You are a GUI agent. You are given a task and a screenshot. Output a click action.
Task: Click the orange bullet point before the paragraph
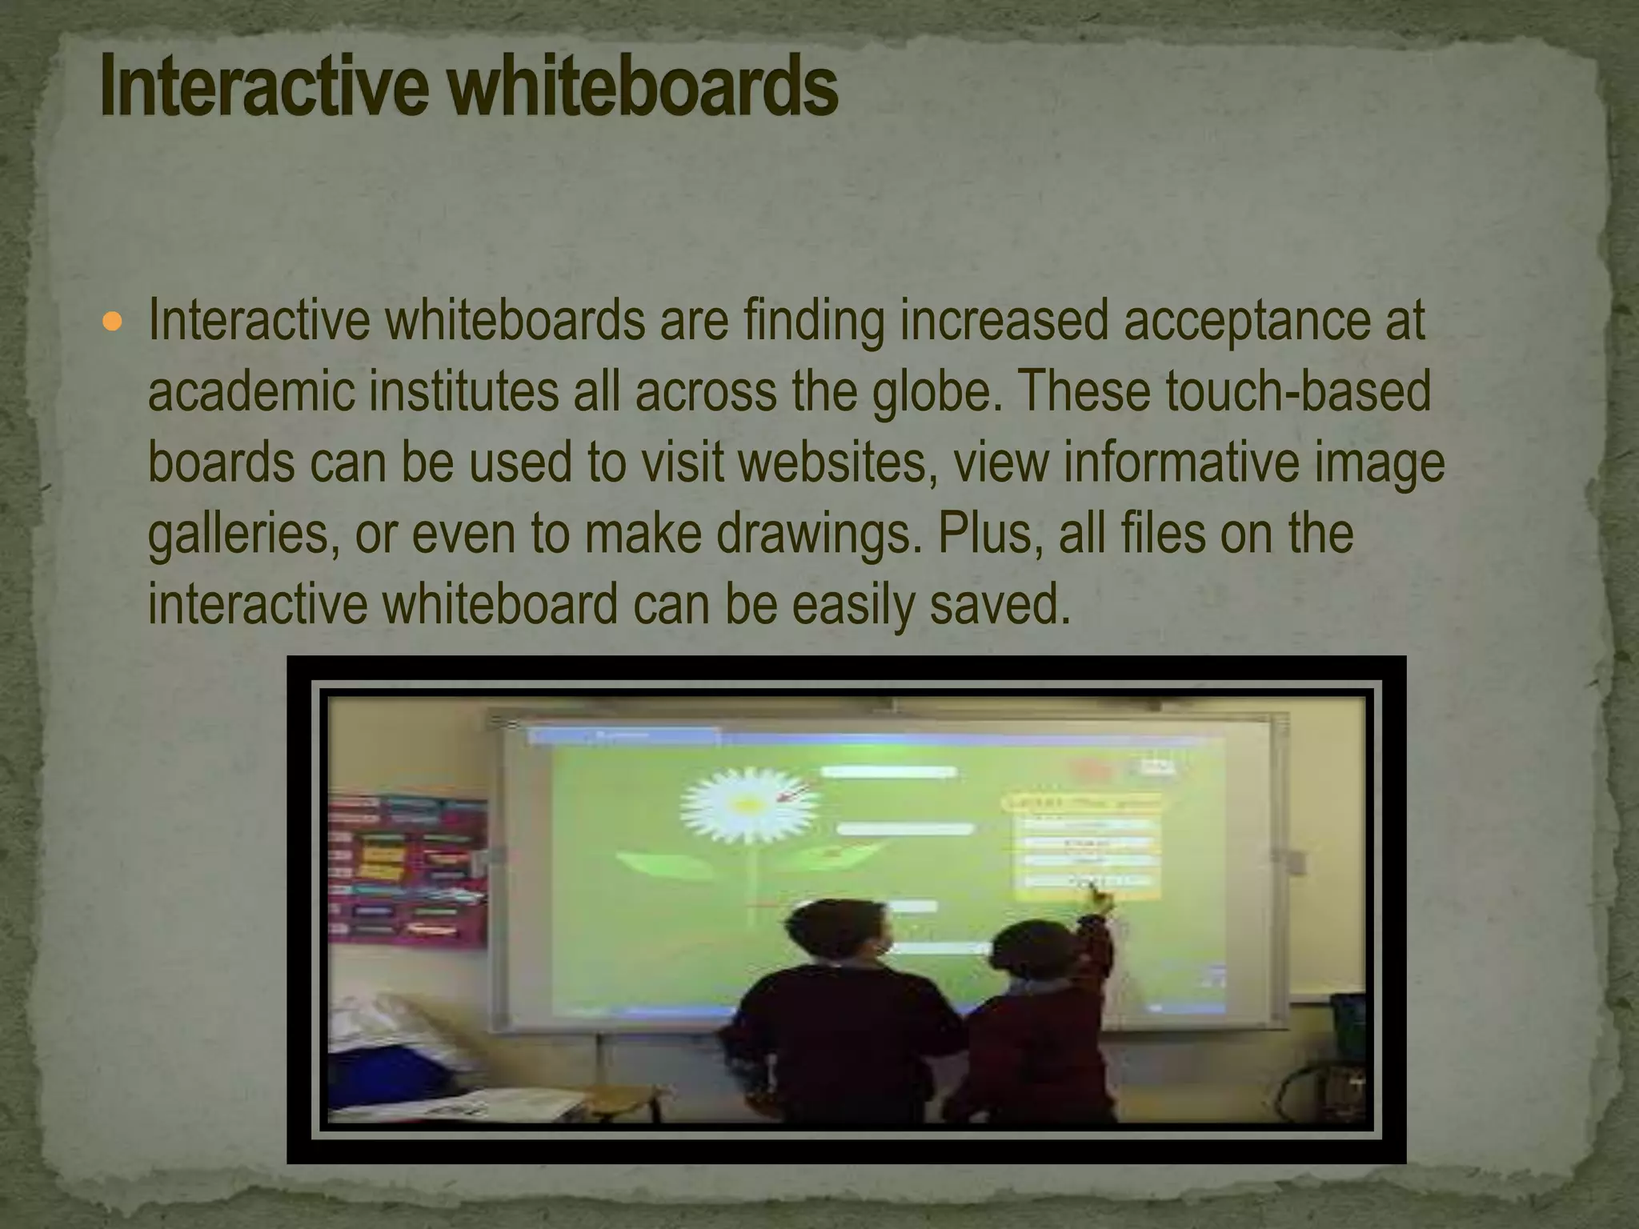click(x=113, y=322)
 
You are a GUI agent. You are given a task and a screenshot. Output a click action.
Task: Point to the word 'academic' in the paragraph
click(x=251, y=392)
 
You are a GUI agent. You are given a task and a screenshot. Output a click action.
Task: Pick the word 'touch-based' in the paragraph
click(x=1297, y=392)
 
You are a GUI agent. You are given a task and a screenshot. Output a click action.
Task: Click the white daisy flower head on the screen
click(x=749, y=803)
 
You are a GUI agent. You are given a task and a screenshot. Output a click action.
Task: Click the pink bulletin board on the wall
click(x=408, y=872)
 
